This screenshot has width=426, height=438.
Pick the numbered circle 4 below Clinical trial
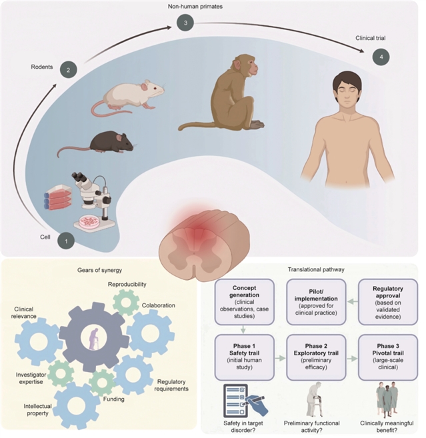point(381,57)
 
